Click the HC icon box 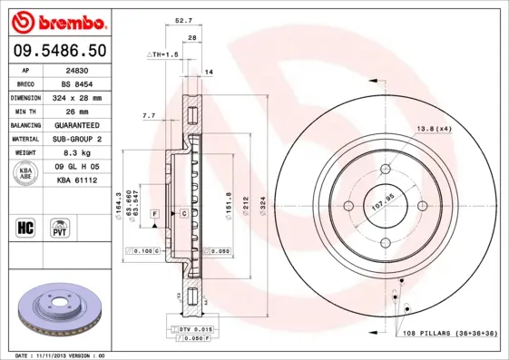tap(24, 227)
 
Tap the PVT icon tap(59, 227)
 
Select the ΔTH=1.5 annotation tap(164, 55)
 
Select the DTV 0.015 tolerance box tap(191, 328)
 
